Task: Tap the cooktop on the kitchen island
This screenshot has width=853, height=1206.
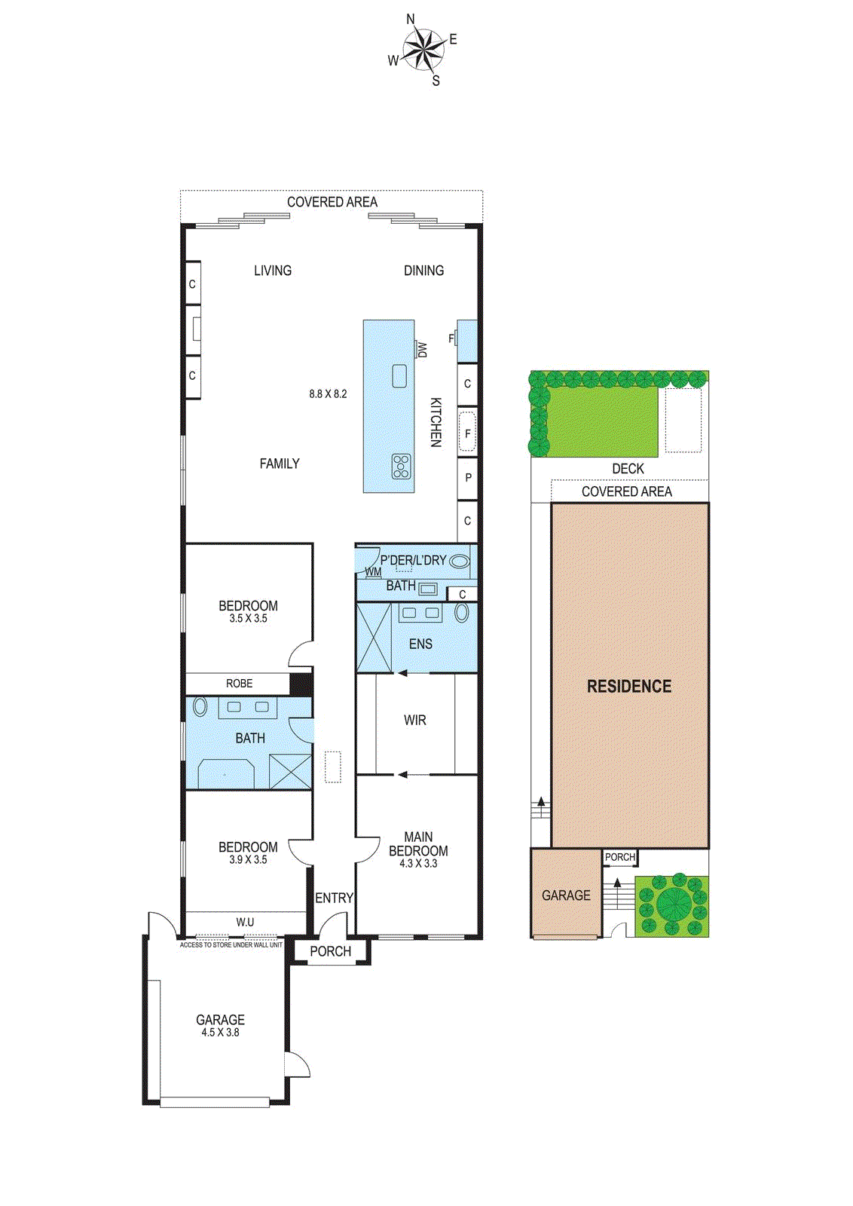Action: pyautogui.click(x=402, y=467)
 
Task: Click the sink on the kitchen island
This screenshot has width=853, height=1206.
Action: pyautogui.click(x=399, y=376)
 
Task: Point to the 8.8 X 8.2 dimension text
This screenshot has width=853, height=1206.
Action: pyautogui.click(x=328, y=393)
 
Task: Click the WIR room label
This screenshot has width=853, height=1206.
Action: pyautogui.click(x=415, y=721)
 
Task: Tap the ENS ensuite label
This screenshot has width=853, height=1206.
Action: pyautogui.click(x=420, y=644)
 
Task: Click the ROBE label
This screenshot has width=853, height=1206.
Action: pyautogui.click(x=239, y=683)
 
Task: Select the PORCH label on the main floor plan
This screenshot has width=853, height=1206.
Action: pyautogui.click(x=331, y=951)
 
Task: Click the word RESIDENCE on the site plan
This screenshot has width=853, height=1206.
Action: pyautogui.click(x=629, y=686)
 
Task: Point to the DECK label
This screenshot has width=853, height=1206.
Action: pyautogui.click(x=628, y=468)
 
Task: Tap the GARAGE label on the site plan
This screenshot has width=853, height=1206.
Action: pyautogui.click(x=566, y=895)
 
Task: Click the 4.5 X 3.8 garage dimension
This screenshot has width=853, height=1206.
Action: pyautogui.click(x=220, y=1032)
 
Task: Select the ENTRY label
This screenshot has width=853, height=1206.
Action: pyautogui.click(x=334, y=898)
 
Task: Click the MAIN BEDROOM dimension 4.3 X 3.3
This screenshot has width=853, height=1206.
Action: pyautogui.click(x=418, y=863)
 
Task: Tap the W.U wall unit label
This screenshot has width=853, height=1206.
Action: pyautogui.click(x=245, y=922)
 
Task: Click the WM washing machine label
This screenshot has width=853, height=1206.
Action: pyautogui.click(x=373, y=571)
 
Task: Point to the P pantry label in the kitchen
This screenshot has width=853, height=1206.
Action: pyautogui.click(x=468, y=477)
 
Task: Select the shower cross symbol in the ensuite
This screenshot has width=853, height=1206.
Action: pyautogui.click(x=374, y=637)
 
